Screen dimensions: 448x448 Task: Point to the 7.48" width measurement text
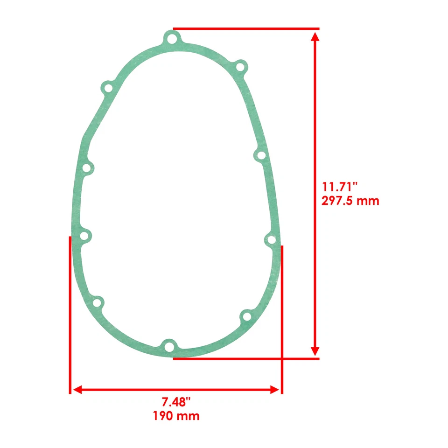coord(176,401)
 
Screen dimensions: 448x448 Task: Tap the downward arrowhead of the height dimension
coord(315,350)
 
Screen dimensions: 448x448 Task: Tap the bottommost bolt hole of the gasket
coord(169,346)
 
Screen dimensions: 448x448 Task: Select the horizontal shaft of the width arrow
coord(176,390)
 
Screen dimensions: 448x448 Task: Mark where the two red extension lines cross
coord(282,359)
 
